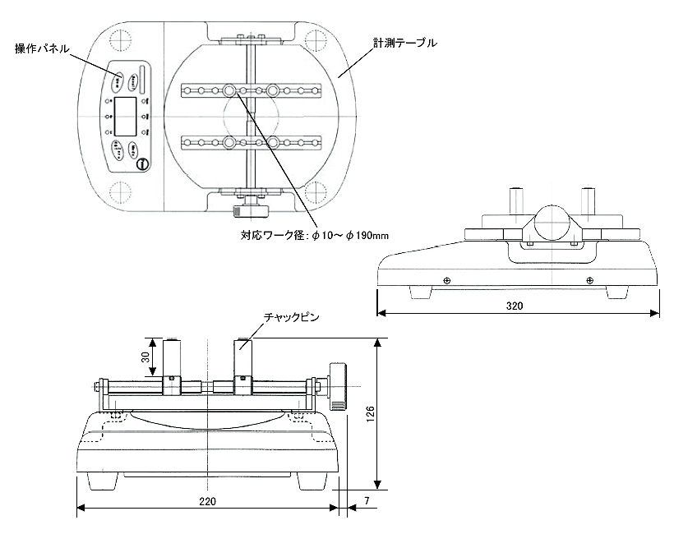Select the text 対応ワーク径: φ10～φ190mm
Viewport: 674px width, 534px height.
[315, 235]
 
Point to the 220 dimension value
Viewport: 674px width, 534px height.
[207, 501]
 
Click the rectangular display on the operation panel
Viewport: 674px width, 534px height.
[125, 116]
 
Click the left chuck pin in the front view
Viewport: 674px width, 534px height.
[173, 359]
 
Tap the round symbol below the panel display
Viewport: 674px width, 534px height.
[142, 164]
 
